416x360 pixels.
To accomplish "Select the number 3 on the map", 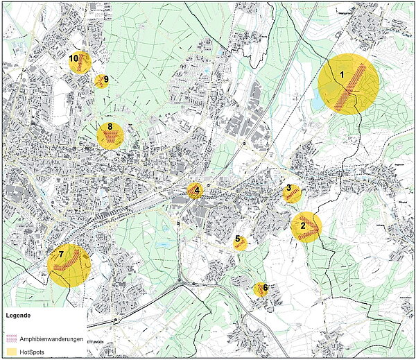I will (x=288, y=188).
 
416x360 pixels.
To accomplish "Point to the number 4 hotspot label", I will (x=197, y=189).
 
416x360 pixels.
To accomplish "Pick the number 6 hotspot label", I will (x=265, y=286).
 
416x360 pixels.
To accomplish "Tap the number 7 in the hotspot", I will (x=61, y=255).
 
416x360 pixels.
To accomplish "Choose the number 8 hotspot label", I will (x=110, y=127).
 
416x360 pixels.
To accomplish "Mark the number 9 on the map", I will (x=105, y=79).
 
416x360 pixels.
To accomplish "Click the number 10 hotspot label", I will (x=73, y=58).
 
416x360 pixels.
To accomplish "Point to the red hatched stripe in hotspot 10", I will (x=82, y=63).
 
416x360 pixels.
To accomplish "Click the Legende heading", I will (x=19, y=316).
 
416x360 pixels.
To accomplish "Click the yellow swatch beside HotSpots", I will (x=10, y=352).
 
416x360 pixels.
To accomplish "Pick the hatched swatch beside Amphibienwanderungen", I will (x=10, y=339).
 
